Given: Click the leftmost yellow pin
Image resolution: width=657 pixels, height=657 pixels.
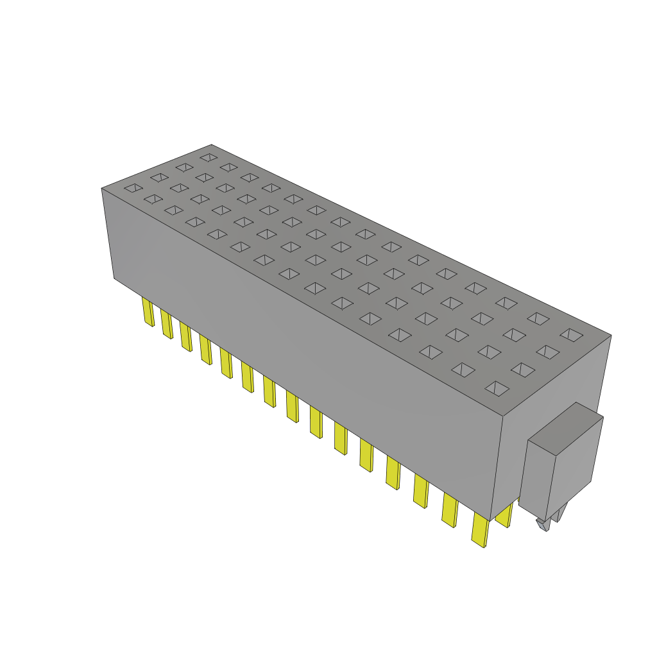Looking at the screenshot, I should (148, 312).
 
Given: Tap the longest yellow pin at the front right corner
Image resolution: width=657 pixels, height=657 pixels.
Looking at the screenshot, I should (479, 530).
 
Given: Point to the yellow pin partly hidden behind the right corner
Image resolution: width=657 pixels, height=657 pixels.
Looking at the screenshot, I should (504, 515).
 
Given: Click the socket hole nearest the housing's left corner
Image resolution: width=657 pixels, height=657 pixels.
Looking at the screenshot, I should (133, 188).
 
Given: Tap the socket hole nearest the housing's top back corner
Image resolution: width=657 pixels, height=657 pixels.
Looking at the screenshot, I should (208, 157).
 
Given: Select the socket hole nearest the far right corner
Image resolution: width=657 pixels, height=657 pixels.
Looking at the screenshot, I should (570, 334).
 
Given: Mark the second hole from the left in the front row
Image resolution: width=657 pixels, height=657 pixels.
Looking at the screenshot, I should (153, 199).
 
